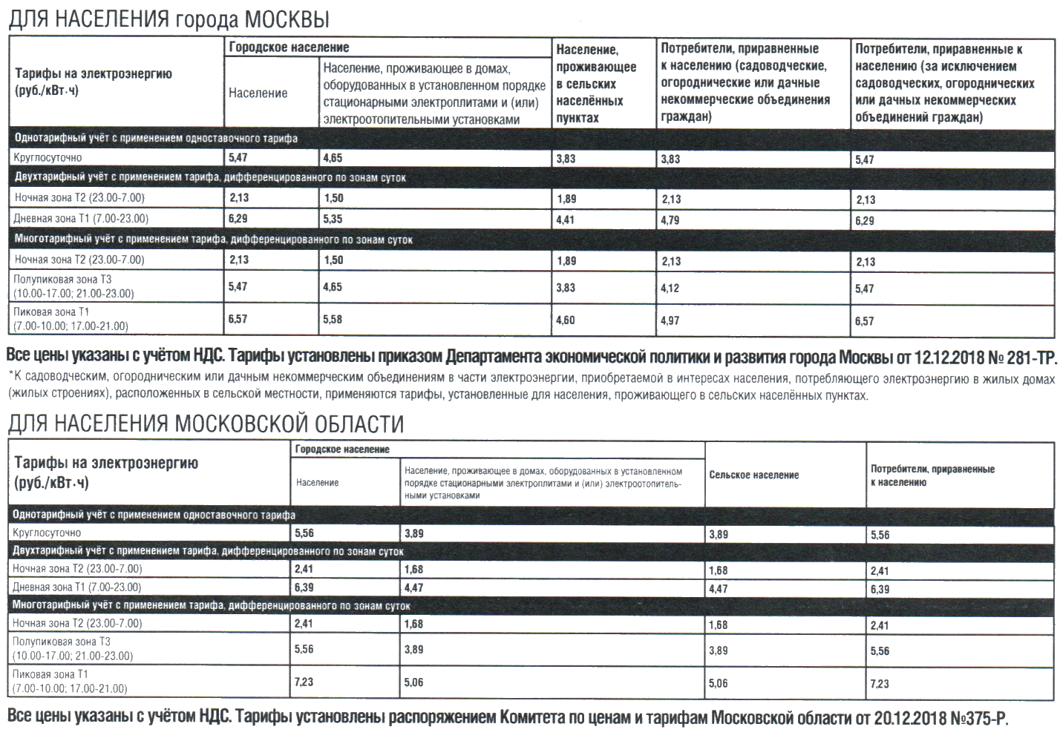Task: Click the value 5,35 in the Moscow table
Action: [333, 220]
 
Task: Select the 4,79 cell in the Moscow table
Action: [670, 220]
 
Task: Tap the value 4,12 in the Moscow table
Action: [670, 288]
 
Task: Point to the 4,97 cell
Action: [670, 320]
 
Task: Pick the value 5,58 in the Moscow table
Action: [333, 319]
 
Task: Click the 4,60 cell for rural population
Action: [566, 320]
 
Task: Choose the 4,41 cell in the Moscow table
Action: [566, 220]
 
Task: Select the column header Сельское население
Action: [754, 475]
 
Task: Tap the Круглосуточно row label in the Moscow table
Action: [48, 158]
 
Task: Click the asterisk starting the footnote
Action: [10, 375]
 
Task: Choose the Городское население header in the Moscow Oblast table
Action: [342, 449]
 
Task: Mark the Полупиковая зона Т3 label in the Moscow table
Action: [62, 280]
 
